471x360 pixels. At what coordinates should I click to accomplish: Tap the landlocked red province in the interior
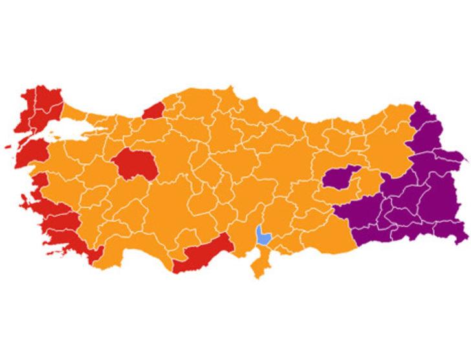pyautogui.click(x=135, y=166)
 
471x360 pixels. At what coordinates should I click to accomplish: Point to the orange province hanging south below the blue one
pyautogui.click(x=259, y=262)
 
